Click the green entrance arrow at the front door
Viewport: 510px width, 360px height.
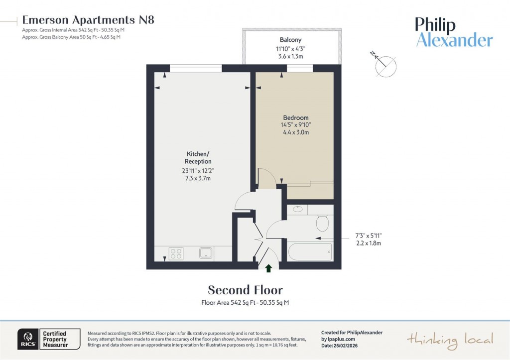click(x=268, y=268)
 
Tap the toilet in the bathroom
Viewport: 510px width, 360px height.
click(x=322, y=223)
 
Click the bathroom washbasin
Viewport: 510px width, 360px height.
click(x=298, y=209)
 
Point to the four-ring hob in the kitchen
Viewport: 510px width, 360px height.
click(x=176, y=253)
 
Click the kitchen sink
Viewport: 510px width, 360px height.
click(x=206, y=253)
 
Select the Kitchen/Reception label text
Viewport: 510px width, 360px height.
click(x=199, y=158)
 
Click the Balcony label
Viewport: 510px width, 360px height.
click(x=290, y=40)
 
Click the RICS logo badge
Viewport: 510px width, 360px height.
click(x=26, y=339)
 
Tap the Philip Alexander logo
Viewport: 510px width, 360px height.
click(x=454, y=32)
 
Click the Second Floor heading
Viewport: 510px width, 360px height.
click(x=245, y=290)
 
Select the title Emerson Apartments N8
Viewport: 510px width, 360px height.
click(x=88, y=20)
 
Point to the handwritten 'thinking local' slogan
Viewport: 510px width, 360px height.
click(x=450, y=340)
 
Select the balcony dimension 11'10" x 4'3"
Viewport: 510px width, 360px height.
click(x=290, y=48)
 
